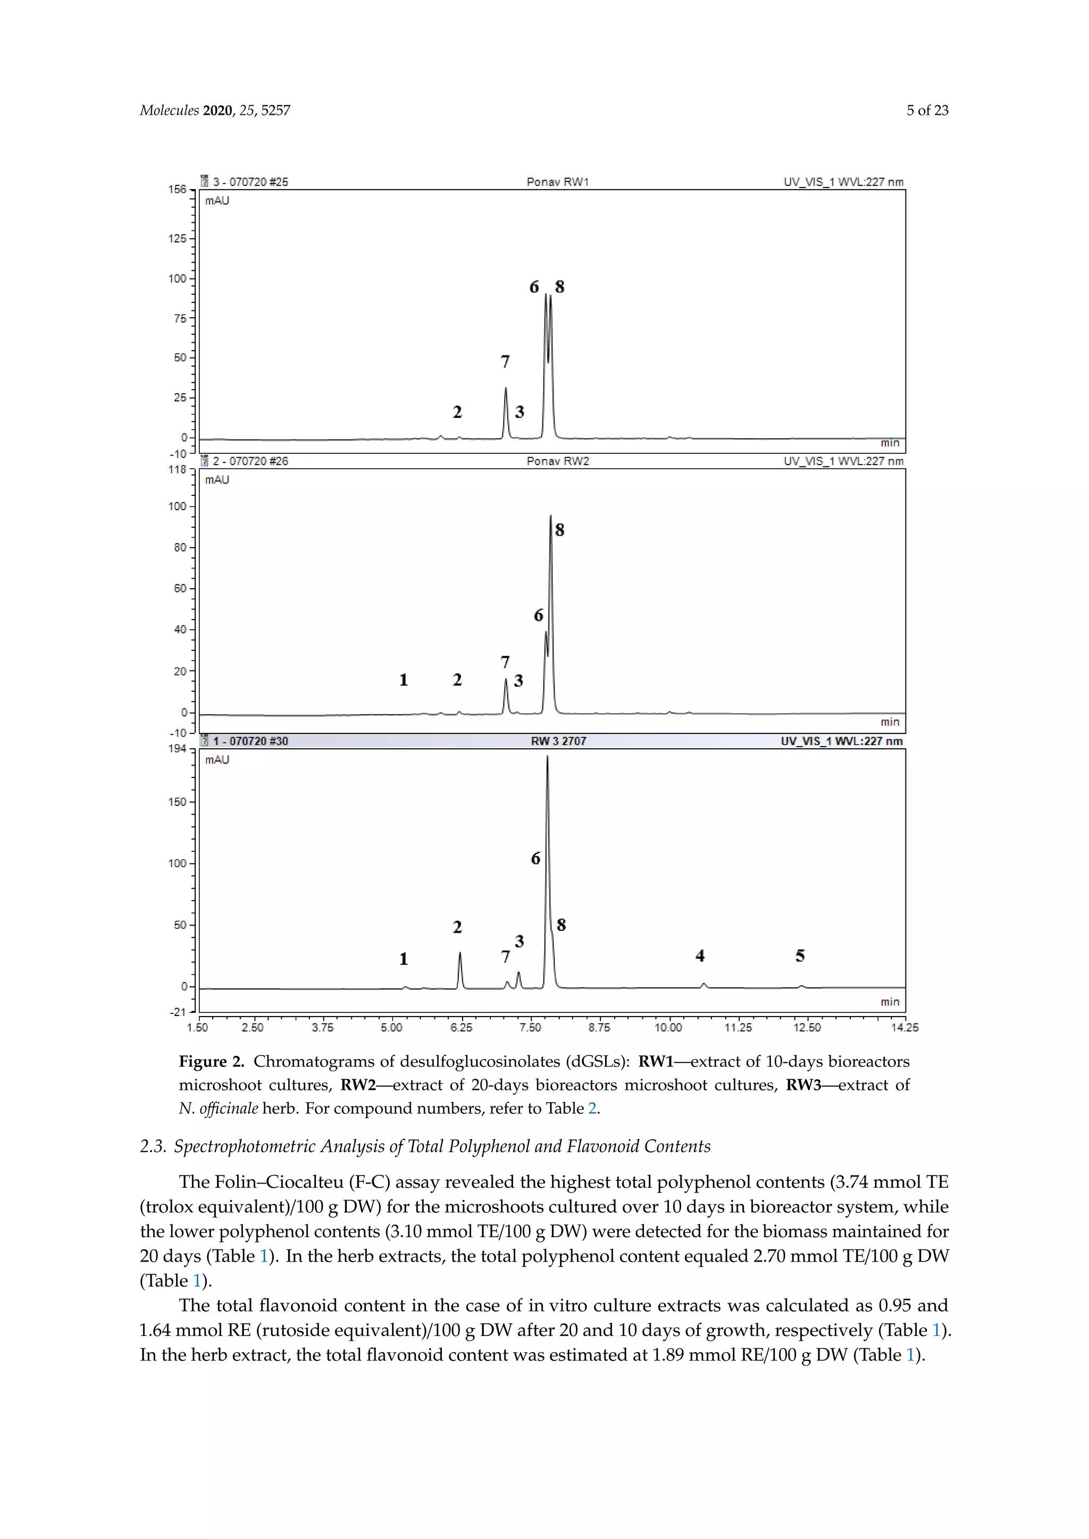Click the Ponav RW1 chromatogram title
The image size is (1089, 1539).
[x=557, y=182]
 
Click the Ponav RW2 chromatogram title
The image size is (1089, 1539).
[x=557, y=461]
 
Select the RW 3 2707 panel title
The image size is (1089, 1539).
[x=558, y=741]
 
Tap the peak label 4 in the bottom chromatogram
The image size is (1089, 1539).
[x=700, y=956]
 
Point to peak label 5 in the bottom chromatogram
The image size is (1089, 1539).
[x=800, y=956]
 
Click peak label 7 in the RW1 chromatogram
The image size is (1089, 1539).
[x=505, y=362]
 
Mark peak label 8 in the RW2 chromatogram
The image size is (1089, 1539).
[x=559, y=530]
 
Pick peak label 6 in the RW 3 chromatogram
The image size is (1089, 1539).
[x=535, y=859]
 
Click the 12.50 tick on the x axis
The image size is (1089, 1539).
[x=807, y=1028]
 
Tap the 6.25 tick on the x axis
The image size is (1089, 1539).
[x=462, y=1028]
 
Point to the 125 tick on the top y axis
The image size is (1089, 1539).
[x=177, y=239]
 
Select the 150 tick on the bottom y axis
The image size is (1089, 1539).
[x=177, y=802]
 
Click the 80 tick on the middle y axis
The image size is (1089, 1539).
[x=180, y=548]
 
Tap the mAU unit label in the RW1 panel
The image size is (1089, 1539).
[x=217, y=200]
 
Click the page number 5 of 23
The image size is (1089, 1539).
[x=927, y=111]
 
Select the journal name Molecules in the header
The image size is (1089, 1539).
[x=169, y=111]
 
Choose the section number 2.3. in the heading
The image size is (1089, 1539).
[x=153, y=1147]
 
